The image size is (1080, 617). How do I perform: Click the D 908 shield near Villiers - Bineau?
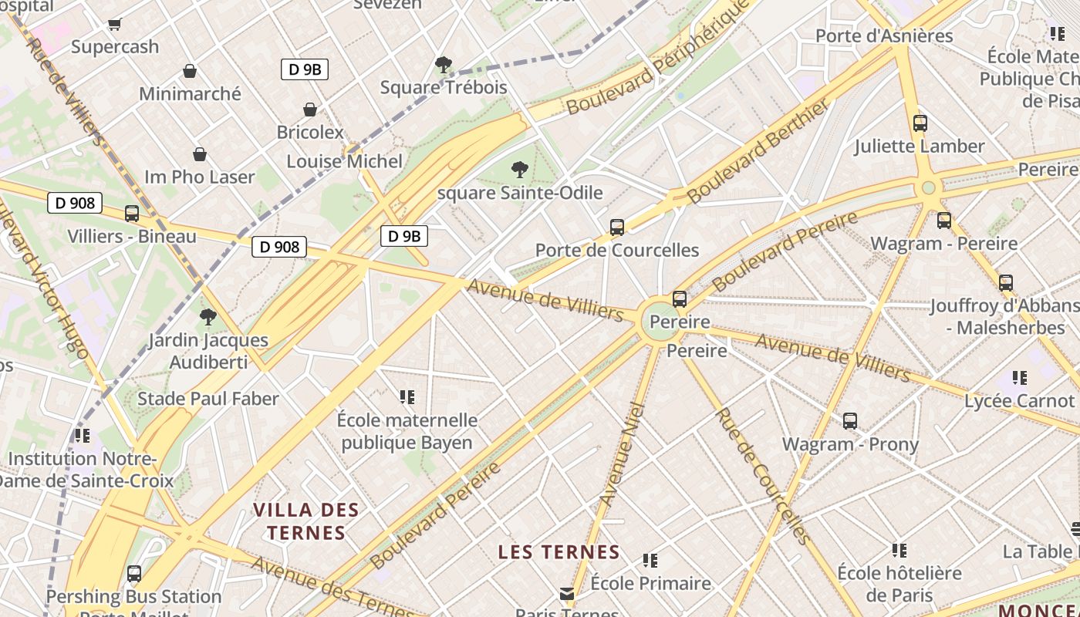(76, 204)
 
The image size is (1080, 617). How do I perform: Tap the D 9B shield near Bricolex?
(305, 69)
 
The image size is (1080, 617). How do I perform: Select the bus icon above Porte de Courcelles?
(616, 227)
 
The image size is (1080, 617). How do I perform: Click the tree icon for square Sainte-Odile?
(520, 169)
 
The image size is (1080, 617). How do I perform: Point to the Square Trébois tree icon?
(443, 64)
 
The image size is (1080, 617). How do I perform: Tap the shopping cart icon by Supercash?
(114, 24)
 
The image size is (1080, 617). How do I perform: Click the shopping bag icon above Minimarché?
(190, 71)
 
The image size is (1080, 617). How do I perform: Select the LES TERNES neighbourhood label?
(559, 552)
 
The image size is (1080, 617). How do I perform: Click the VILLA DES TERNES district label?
(306, 521)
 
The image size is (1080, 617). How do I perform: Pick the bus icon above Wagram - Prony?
(849, 421)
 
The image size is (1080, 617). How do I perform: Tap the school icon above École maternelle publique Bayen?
(407, 397)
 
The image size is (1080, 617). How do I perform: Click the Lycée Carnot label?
(1019, 401)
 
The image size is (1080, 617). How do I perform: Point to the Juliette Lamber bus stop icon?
(920, 123)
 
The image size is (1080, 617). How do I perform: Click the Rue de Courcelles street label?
(761, 476)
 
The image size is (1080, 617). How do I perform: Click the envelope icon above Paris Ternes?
(567, 593)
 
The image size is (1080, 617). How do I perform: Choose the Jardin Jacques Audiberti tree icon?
(208, 316)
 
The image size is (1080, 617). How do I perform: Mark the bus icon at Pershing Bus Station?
(134, 574)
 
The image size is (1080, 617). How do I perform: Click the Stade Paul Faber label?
(208, 399)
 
